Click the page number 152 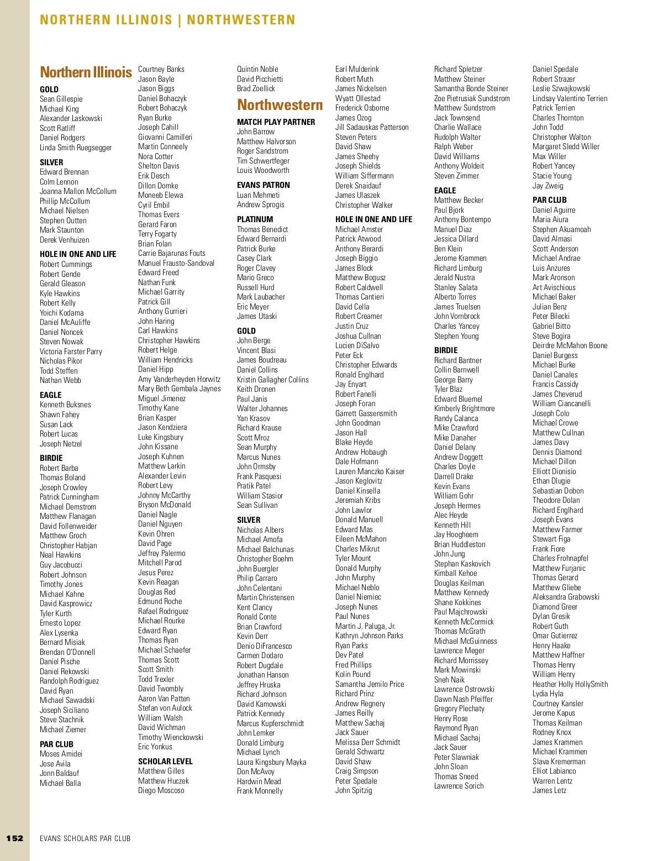pyautogui.click(x=15, y=838)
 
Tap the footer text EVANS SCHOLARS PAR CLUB pyautogui.click(x=85, y=838)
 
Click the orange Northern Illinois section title pyautogui.click(x=86, y=72)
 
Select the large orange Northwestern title pyautogui.click(x=280, y=105)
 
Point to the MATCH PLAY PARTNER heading pyautogui.click(x=276, y=122)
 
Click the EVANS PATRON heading pyautogui.click(x=263, y=185)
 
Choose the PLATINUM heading pyautogui.click(x=255, y=219)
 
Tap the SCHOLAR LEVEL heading pyautogui.click(x=165, y=761)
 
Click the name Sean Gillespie pyautogui.click(x=61, y=99)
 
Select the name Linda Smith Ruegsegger pyautogui.click(x=76, y=148)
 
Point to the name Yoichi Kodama pyautogui.click(x=61, y=313)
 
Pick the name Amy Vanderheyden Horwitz pyautogui.click(x=179, y=379)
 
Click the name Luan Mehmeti pyautogui.click(x=258, y=195)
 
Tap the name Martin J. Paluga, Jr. pyautogui.click(x=365, y=626)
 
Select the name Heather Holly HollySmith pyautogui.click(x=570, y=684)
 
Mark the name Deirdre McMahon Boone pyautogui.click(x=570, y=345)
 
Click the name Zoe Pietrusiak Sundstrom pyautogui.click(x=472, y=98)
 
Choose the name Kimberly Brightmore pyautogui.click(x=464, y=408)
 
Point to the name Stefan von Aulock pyautogui.click(x=165, y=708)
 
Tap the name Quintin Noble pyautogui.click(x=257, y=69)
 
